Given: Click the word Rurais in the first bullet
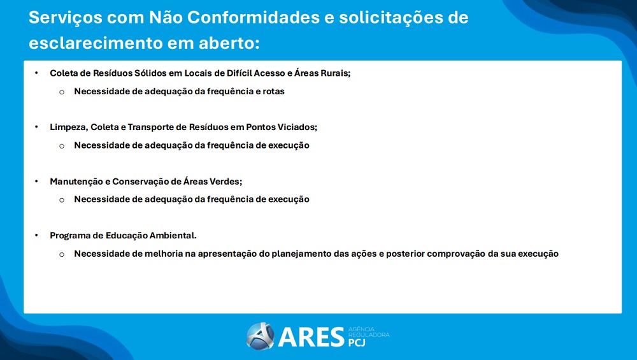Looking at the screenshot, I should (x=335, y=73).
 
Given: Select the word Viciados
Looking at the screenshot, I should (x=297, y=127).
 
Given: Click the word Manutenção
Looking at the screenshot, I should (x=75, y=182).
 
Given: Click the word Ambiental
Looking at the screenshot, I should (x=173, y=236).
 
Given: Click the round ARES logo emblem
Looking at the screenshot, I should (x=260, y=336).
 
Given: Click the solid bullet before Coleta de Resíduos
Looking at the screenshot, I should (x=37, y=73).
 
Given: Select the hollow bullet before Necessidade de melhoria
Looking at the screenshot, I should (x=62, y=254).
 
